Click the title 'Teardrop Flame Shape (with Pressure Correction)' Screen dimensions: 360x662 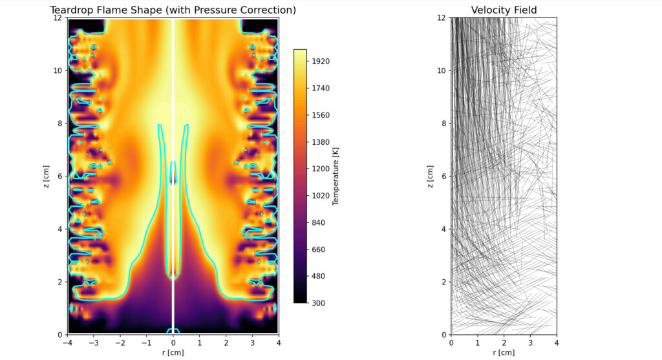pyautogui.click(x=173, y=10)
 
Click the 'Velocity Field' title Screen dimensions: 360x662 pyautogui.click(x=504, y=10)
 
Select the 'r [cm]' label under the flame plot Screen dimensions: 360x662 pyautogui.click(x=173, y=353)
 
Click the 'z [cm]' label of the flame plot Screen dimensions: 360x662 pyautogui.click(x=47, y=176)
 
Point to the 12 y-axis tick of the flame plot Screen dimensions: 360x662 pyautogui.click(x=58, y=17)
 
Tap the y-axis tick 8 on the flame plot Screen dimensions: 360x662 pyautogui.click(x=60, y=123)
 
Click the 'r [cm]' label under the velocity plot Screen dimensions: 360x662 pyautogui.click(x=504, y=353)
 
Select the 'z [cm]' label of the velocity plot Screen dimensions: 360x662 pyautogui.click(x=431, y=176)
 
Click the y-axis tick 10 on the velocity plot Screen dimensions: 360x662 pyautogui.click(x=442, y=70)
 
